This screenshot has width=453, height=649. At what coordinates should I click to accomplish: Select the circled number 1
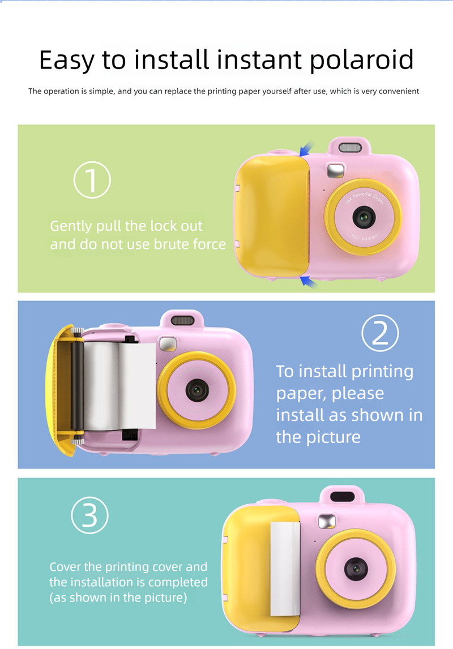(92, 180)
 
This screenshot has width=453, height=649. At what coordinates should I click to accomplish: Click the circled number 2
(380, 333)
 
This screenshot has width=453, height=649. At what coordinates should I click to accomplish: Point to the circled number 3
(90, 515)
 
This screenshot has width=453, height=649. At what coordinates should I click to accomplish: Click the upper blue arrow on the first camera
(306, 149)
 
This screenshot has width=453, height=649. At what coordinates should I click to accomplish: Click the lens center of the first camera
(364, 217)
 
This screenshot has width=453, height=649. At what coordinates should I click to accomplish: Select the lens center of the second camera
(197, 390)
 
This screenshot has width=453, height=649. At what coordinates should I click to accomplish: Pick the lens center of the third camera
(356, 568)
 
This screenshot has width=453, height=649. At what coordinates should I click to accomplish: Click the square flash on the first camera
(336, 170)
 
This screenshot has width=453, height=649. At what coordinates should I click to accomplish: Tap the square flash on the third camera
(327, 521)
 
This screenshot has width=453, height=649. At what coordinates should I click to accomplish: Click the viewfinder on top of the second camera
(182, 320)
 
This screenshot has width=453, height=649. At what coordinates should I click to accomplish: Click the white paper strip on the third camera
(285, 568)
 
